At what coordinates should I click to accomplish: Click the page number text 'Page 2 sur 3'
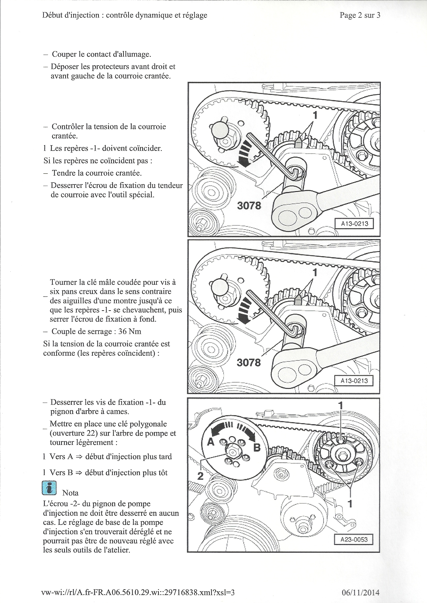tap(360, 15)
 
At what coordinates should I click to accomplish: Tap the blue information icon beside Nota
tap(49, 488)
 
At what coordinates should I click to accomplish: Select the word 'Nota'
tap(70, 493)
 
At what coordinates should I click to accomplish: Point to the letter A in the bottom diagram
tap(211, 442)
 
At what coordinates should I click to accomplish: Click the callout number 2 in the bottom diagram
tap(200, 476)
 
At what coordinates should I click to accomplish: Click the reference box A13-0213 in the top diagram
tap(354, 224)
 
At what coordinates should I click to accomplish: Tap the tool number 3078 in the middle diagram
tap(249, 363)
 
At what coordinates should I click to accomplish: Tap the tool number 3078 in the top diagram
tap(249, 205)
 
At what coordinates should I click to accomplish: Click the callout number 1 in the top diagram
tap(315, 115)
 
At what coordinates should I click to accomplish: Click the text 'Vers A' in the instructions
tap(61, 457)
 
